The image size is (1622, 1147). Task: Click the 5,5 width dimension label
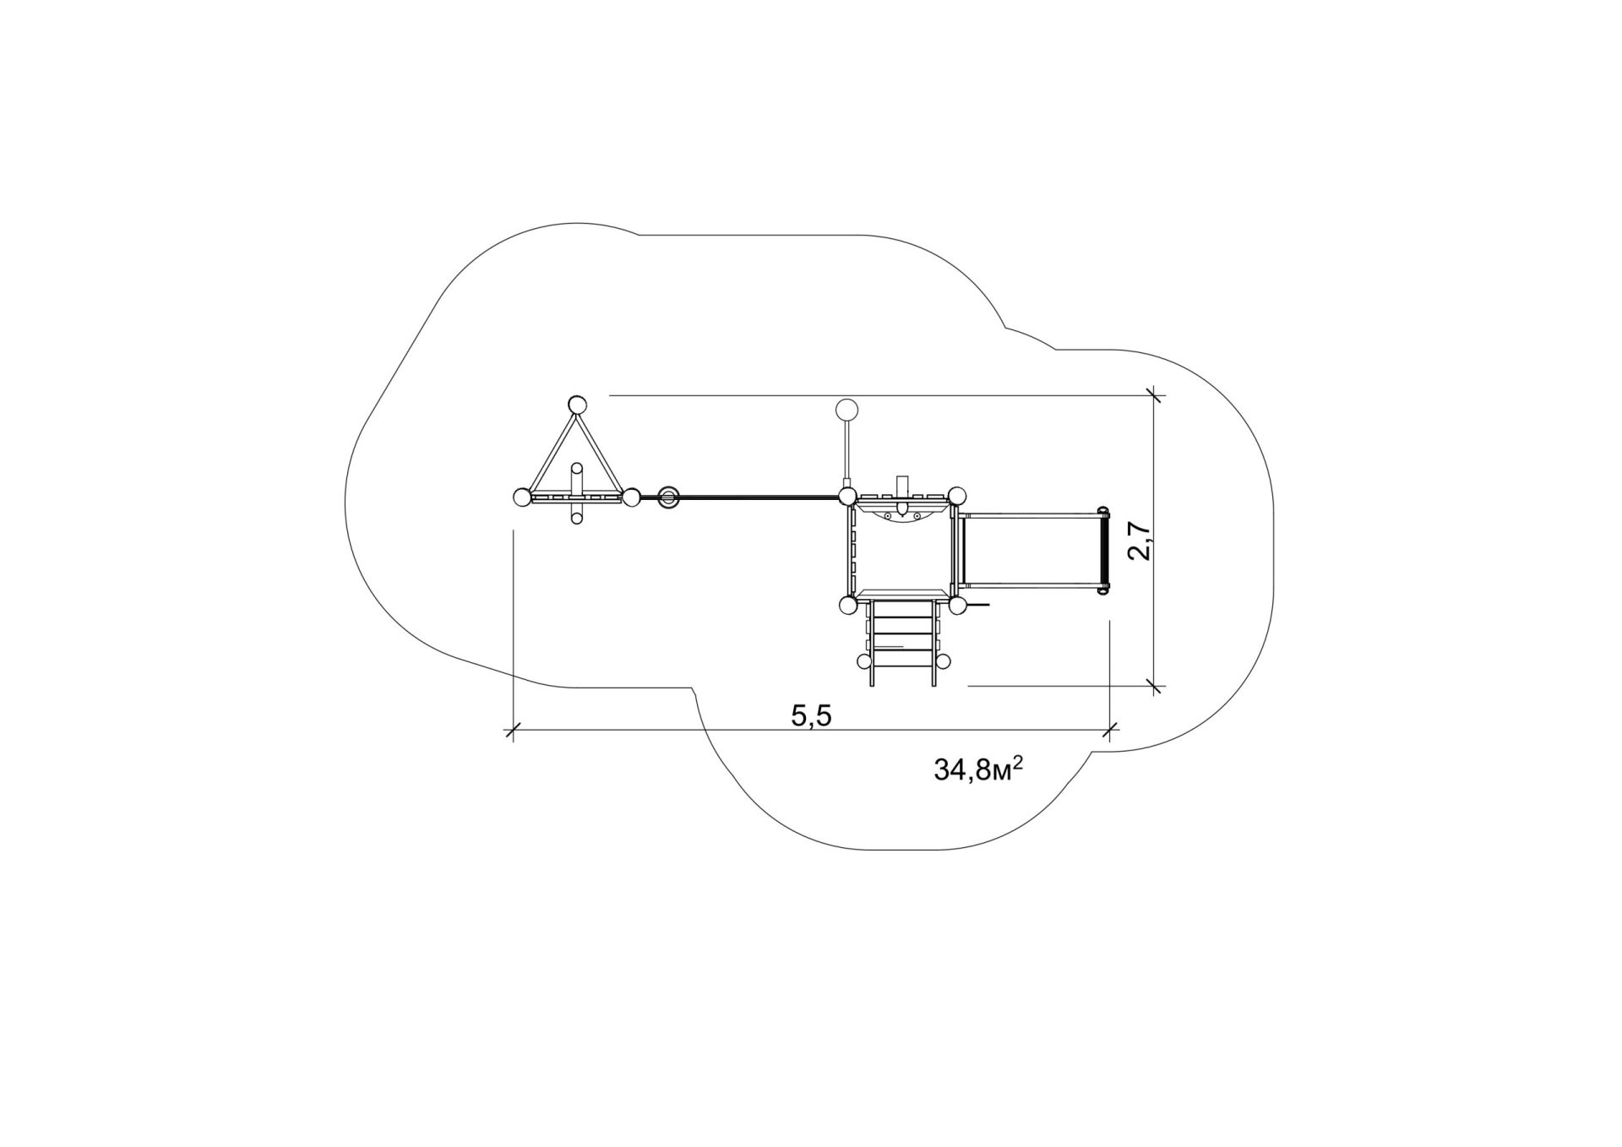[811, 716]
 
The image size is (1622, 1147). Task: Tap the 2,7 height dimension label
[1140, 541]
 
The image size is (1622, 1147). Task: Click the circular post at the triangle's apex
[576, 404]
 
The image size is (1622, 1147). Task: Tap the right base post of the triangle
[631, 497]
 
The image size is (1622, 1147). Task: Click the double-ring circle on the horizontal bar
[668, 497]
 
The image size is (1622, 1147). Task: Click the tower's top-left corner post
[847, 496]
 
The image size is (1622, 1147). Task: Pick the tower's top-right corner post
[956, 496]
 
